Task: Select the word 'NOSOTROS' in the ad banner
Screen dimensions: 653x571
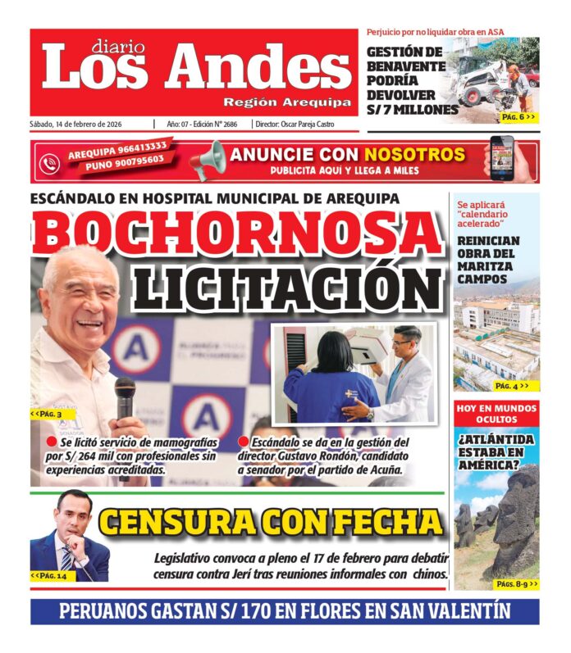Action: [414, 154]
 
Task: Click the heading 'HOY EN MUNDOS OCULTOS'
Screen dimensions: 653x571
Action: [496, 414]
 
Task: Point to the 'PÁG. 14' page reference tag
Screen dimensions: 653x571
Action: [49, 576]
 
